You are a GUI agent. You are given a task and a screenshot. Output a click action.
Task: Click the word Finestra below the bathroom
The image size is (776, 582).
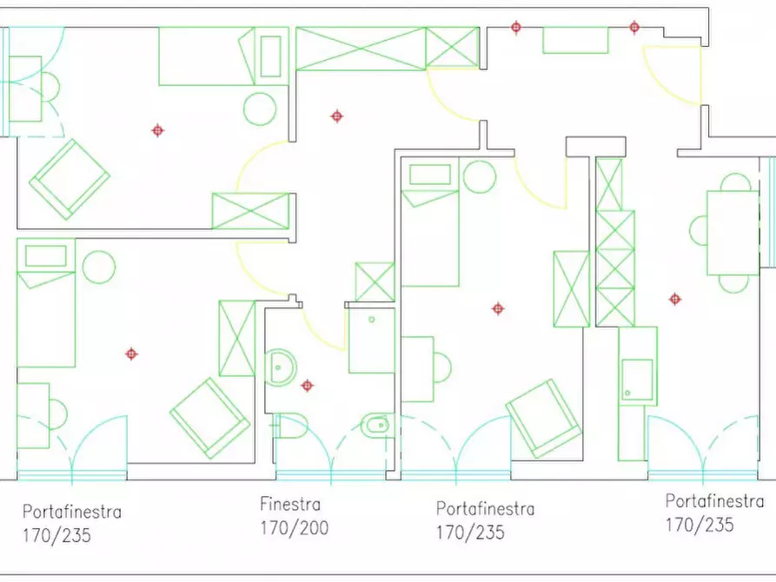tap(290, 505)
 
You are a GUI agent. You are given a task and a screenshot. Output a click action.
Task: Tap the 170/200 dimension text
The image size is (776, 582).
tap(295, 528)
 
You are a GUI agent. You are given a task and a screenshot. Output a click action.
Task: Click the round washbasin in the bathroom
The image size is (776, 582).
tap(280, 367)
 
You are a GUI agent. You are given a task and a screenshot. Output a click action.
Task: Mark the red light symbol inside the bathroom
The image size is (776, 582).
tap(308, 386)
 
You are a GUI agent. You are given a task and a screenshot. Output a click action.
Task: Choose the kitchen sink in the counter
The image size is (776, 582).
tap(637, 380)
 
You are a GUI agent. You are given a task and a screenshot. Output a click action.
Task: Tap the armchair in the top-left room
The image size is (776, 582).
tap(70, 179)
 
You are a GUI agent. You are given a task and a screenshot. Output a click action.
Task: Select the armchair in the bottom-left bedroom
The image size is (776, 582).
tap(209, 418)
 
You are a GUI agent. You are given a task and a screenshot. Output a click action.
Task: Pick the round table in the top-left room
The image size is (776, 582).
tap(260, 109)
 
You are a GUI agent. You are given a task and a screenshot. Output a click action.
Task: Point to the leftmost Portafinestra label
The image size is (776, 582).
tap(72, 512)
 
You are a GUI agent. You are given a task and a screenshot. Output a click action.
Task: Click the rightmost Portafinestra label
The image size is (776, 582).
tap(714, 501)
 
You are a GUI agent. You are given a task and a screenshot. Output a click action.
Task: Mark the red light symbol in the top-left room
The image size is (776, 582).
tap(157, 130)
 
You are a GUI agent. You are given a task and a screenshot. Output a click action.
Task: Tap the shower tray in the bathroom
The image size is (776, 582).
tap(372, 341)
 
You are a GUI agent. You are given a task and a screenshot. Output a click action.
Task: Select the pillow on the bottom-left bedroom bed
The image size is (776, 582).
tap(46, 256)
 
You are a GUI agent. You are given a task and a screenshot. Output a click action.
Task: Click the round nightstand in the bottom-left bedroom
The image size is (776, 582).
tap(99, 268)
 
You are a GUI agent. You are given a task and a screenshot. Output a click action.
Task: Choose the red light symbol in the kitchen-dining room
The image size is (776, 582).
tap(675, 300)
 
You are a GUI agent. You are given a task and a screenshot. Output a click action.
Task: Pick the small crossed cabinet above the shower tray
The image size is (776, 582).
tap(375, 282)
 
